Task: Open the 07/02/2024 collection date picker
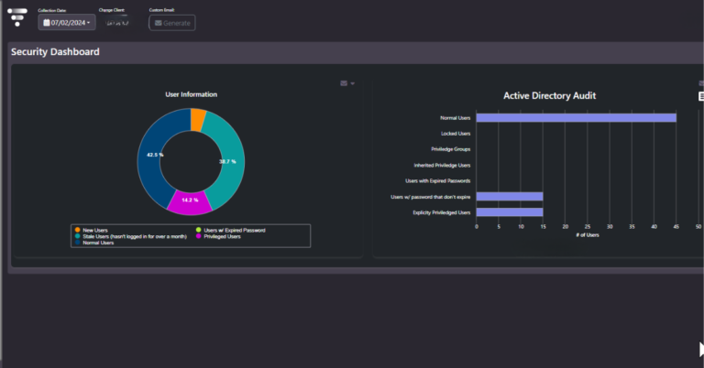pos(67,22)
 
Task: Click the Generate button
pos(172,22)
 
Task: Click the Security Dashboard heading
pos(55,52)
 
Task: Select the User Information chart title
pos(191,94)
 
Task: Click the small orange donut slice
pos(198,119)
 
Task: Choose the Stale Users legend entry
pos(134,236)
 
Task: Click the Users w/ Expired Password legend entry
pos(234,230)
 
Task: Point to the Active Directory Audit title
pos(550,95)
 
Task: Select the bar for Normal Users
pos(576,117)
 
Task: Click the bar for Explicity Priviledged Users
pos(510,212)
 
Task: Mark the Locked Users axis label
pos(456,134)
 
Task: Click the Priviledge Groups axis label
pos(450,149)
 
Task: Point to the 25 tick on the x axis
pos(588,226)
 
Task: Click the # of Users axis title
pos(587,235)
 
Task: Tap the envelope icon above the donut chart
pos(344,83)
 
